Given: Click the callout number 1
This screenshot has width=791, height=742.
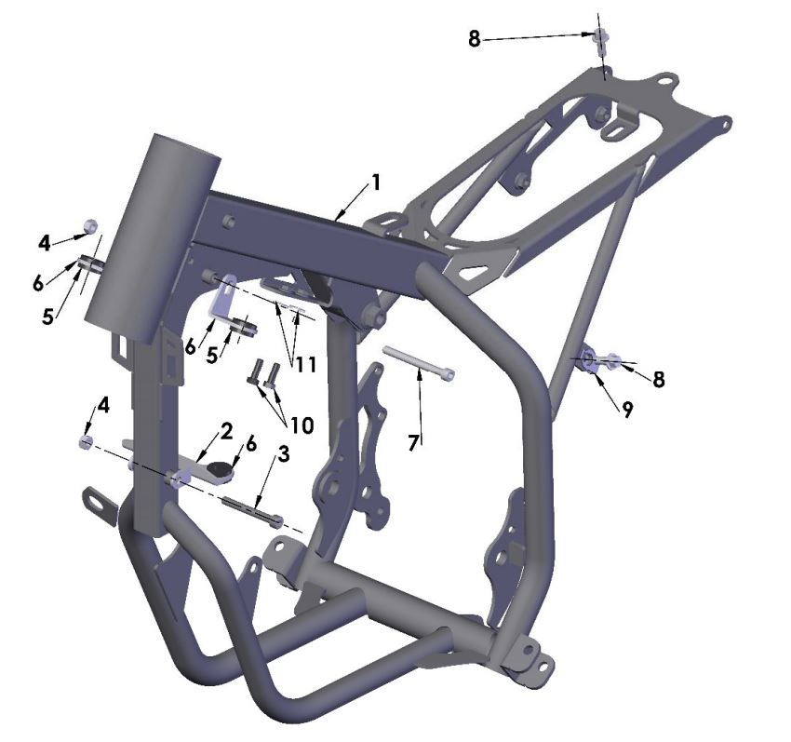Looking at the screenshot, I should [375, 182].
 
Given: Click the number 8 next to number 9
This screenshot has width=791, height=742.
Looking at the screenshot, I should [659, 379].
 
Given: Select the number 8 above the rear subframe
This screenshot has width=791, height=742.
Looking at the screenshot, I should [475, 41].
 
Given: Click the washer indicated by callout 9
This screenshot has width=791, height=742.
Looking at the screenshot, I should [589, 359].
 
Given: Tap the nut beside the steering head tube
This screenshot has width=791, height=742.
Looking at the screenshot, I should [91, 226].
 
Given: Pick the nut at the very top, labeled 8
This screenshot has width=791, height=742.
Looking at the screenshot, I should [601, 36].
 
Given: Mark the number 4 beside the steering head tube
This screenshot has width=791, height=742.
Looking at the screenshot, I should [45, 243].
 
